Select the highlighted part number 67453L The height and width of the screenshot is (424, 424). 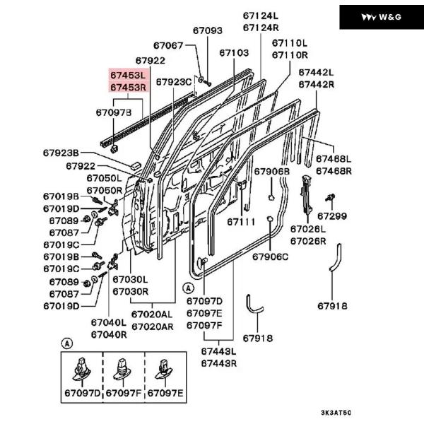point(127,74)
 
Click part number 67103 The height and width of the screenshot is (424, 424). point(233,52)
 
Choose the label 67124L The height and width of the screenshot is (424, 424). point(261,16)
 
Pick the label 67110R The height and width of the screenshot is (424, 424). point(290,54)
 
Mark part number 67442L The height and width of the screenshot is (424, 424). point(316,72)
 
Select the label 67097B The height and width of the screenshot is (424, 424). point(113,112)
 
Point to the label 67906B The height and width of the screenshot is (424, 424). point(272,172)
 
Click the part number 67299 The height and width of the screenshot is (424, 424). point(331,216)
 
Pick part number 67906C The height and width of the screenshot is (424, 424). point(272,256)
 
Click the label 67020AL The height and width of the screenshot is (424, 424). point(152,314)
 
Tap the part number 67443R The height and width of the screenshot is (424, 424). point(218,363)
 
